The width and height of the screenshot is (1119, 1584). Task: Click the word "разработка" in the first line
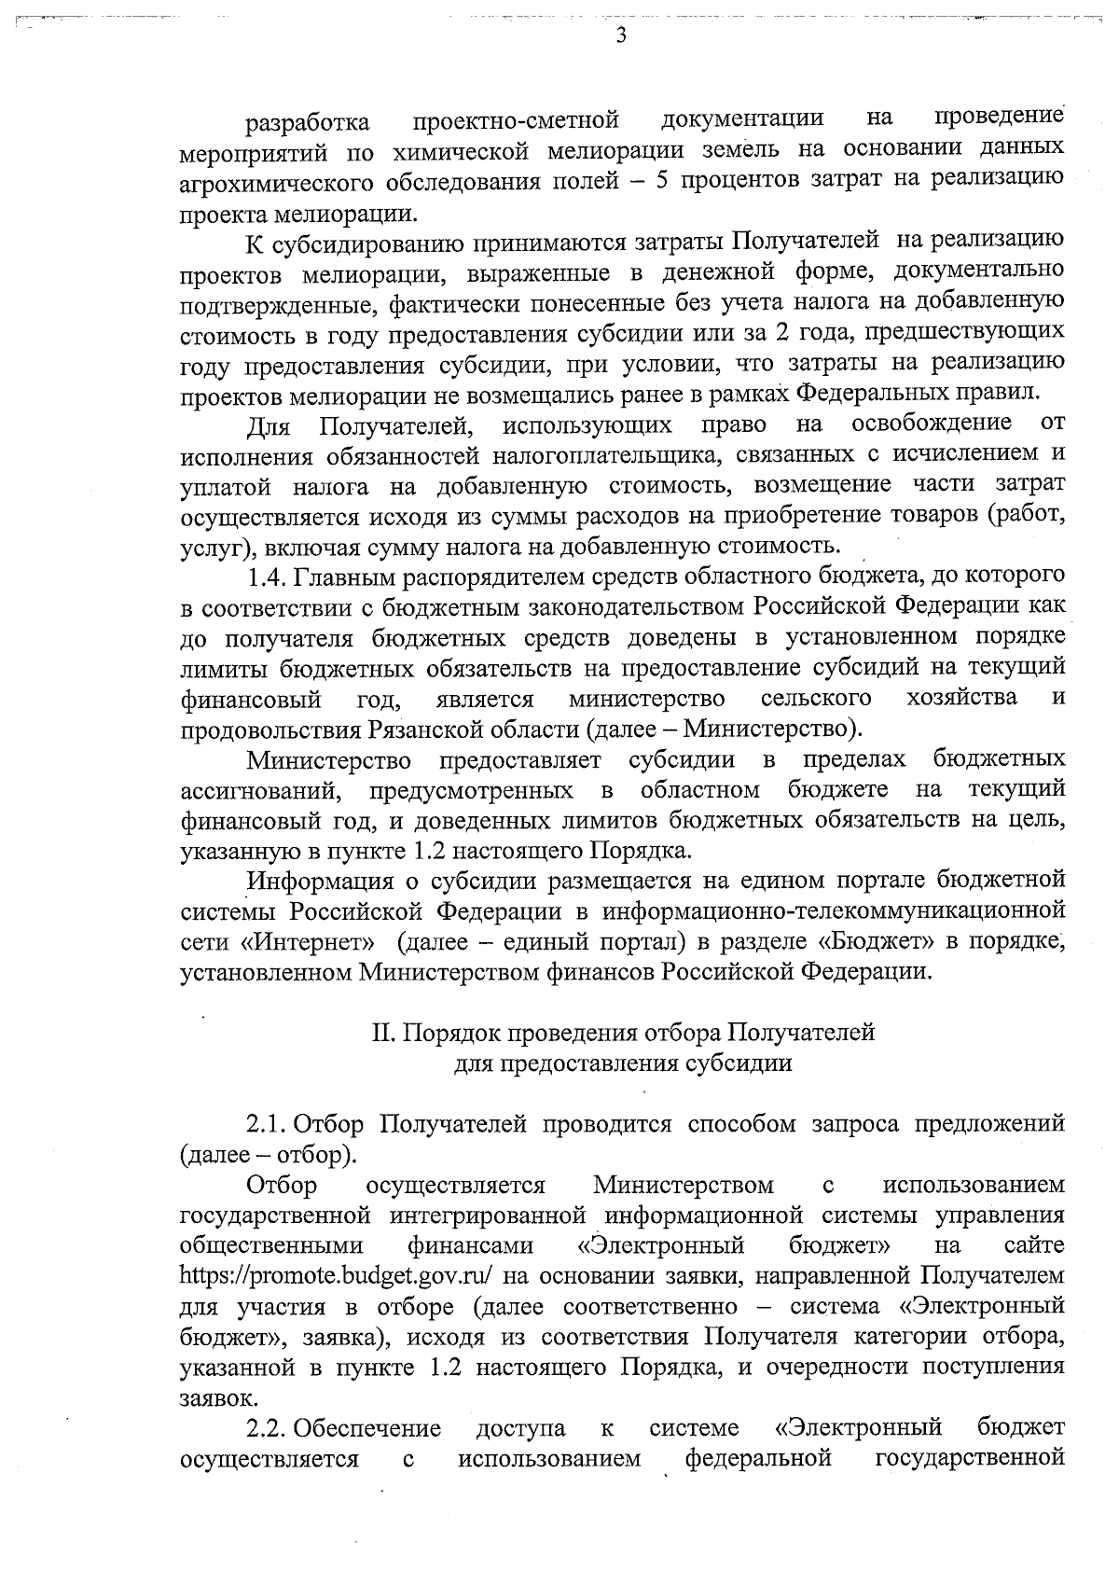307,121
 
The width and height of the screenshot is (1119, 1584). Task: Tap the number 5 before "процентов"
660,180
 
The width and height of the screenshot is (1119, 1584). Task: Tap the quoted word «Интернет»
277,942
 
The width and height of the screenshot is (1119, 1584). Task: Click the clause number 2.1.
265,1123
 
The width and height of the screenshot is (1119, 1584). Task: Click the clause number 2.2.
265,1427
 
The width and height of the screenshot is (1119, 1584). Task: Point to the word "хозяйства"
961,699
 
